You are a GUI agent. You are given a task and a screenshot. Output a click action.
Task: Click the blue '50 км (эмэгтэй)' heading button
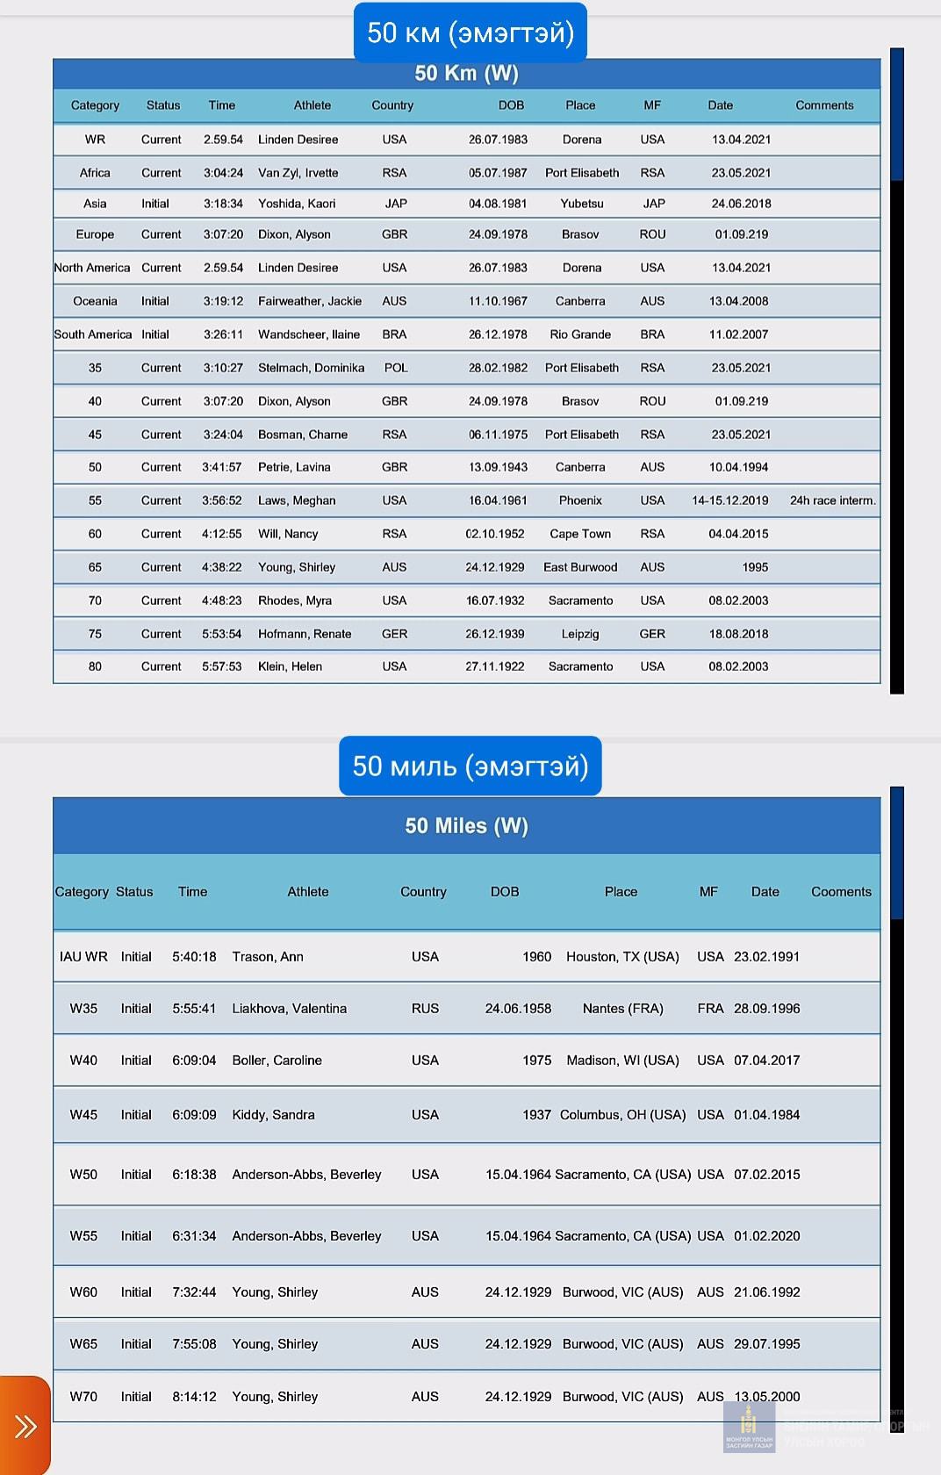470,32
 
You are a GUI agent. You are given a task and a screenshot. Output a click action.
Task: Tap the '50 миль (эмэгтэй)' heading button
470,766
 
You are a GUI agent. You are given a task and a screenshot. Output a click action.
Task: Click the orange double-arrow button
25,1426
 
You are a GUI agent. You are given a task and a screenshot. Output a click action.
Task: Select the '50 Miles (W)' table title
466,825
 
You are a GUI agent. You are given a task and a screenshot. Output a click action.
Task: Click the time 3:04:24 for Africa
223,173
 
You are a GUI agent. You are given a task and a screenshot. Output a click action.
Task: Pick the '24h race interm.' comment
832,500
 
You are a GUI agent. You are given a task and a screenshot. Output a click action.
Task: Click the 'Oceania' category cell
95,301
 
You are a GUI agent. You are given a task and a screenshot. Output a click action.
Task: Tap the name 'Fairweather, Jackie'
310,301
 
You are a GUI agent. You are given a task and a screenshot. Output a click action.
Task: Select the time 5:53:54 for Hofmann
221,634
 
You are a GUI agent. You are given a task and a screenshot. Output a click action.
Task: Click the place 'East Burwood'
580,567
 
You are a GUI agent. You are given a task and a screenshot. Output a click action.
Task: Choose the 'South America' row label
92,335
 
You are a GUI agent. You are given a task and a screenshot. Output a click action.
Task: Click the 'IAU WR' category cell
83,957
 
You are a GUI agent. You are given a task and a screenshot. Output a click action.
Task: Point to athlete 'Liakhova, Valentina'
289,1009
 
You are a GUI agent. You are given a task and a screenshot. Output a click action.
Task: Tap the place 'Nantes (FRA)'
622,1009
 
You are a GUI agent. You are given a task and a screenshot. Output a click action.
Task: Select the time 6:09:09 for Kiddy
194,1115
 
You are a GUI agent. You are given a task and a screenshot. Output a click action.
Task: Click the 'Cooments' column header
841,892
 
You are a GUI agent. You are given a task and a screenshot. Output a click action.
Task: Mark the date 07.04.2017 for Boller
766,1061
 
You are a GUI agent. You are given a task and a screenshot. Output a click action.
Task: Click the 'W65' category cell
83,1344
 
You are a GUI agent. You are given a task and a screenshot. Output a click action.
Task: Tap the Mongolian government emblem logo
749,1427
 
